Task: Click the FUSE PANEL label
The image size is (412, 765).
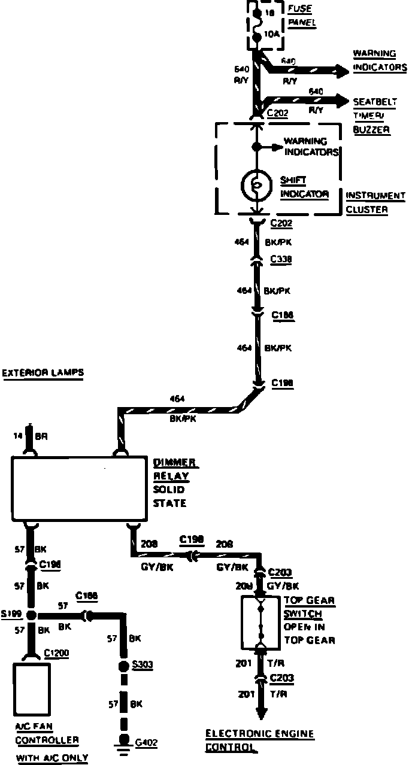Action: click(302, 17)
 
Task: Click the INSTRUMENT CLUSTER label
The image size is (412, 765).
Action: click(375, 202)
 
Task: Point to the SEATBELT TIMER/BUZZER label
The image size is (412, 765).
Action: click(371, 115)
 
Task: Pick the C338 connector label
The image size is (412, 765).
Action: click(281, 260)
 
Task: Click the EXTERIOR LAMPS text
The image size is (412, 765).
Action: click(43, 373)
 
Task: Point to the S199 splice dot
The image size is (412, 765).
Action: click(31, 615)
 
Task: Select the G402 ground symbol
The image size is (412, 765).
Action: click(123, 743)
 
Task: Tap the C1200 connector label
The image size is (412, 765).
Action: click(57, 652)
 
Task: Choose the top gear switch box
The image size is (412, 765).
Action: click(261, 622)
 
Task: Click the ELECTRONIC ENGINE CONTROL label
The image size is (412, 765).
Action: click(259, 740)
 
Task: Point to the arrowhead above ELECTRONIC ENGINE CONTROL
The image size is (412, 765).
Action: click(261, 713)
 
